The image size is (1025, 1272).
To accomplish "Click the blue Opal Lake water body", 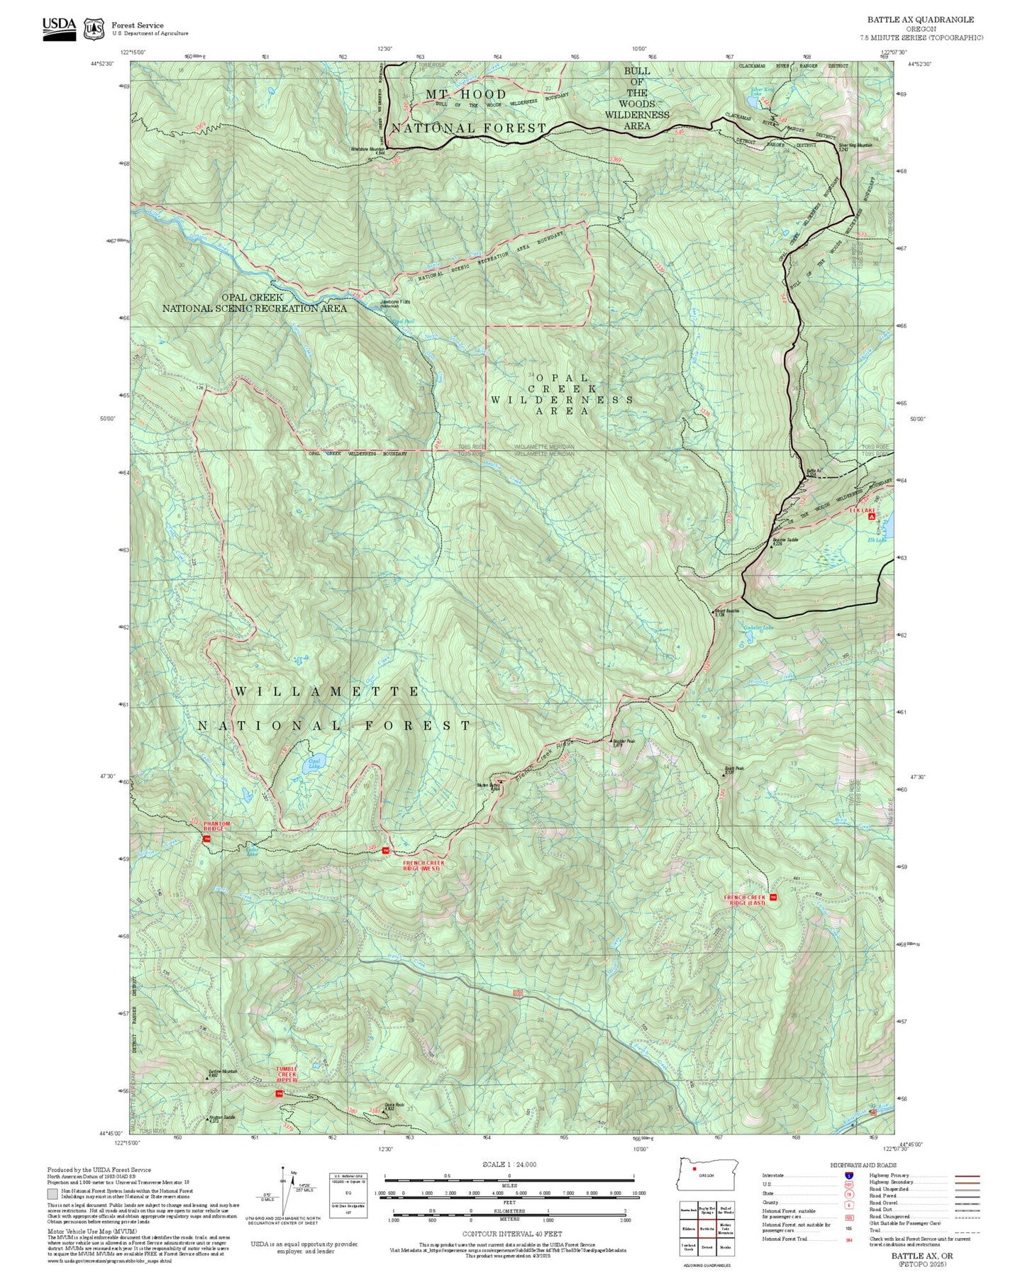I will [313, 764].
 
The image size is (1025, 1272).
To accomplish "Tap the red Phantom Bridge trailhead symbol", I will [207, 839].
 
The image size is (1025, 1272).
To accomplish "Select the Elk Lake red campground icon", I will [871, 518].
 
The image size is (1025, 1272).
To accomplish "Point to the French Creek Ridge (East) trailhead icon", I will [774, 898].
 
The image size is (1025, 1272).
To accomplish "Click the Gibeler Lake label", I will [758, 627].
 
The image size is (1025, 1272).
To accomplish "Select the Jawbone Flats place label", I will [395, 302].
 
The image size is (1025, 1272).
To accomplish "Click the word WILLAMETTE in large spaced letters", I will [327, 691].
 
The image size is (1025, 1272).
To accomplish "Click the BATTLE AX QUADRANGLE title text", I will [920, 20].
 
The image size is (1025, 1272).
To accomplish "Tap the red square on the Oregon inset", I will [694, 1169].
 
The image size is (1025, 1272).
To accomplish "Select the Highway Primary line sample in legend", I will [967, 1175].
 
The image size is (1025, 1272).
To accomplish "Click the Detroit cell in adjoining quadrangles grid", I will [707, 1247].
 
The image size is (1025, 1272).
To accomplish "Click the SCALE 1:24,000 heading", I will [509, 1164].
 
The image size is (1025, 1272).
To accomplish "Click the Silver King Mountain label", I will [853, 145].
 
